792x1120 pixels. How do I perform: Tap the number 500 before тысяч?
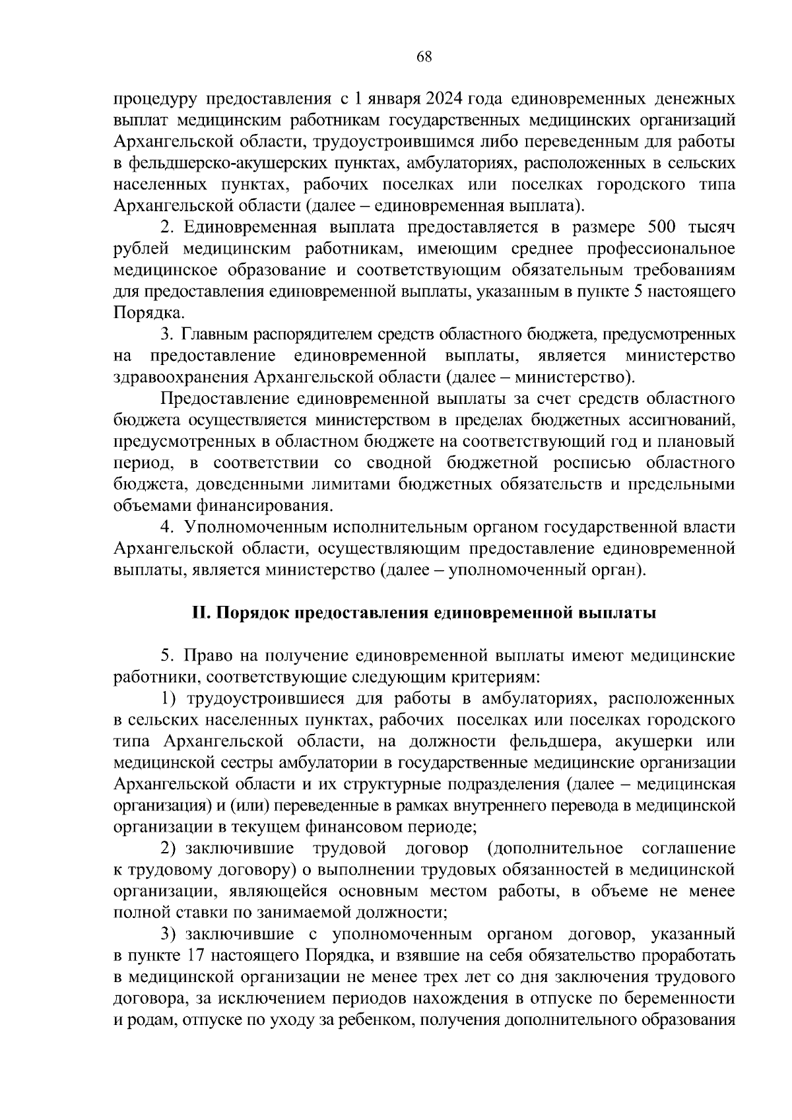pos(651,228)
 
